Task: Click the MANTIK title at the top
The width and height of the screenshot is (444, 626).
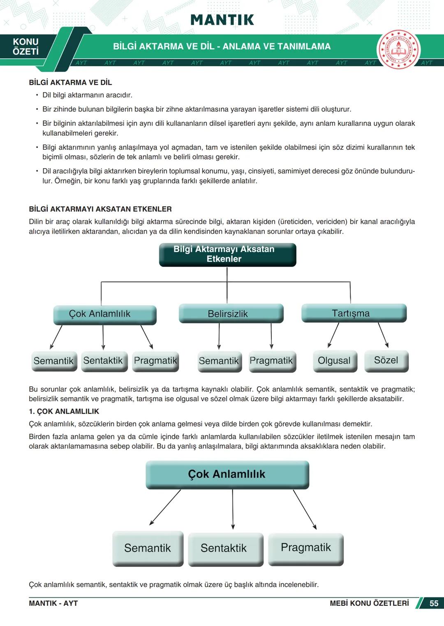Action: click(222, 20)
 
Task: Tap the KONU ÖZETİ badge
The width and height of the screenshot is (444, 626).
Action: click(25, 46)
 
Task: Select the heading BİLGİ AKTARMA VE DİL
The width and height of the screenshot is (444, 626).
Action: click(70, 82)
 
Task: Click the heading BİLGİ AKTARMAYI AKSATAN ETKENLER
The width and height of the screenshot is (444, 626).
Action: click(100, 209)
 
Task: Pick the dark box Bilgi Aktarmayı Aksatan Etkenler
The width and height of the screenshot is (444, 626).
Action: click(227, 254)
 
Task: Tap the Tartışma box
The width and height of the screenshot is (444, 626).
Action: click(354, 313)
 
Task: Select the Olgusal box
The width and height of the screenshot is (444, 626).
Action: click(335, 361)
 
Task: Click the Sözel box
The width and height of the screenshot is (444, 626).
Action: click(386, 360)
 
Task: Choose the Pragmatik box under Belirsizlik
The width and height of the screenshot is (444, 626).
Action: click(272, 361)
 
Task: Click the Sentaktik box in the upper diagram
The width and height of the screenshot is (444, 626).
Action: click(104, 361)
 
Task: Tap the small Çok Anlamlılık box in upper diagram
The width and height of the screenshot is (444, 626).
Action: click(104, 314)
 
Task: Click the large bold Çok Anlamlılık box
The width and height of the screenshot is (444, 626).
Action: click(227, 474)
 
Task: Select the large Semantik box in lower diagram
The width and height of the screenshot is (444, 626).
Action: click(148, 548)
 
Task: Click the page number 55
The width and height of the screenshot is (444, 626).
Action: click(434, 603)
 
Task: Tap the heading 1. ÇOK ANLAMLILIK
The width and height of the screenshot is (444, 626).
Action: click(64, 411)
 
